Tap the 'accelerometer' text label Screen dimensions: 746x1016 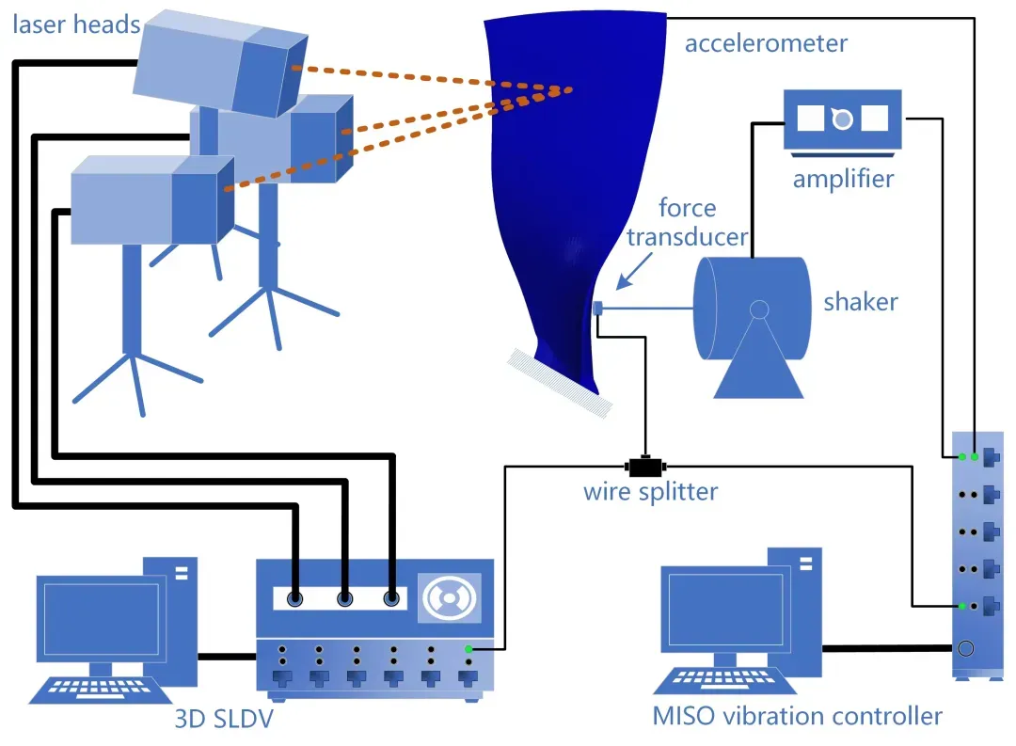766,43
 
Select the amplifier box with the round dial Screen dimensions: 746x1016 842,119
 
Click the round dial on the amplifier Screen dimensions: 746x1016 842,119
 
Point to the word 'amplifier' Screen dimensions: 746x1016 843,178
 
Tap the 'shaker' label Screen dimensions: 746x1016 860,302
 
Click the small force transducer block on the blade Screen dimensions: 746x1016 597,308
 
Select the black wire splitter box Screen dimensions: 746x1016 645,466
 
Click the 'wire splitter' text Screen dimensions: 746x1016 650,492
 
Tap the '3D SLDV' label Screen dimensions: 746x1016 223,720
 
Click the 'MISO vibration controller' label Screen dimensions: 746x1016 797,716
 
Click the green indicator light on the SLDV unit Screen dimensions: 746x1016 468,649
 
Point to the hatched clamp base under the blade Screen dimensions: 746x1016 561,383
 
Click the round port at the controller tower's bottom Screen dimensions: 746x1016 964,647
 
